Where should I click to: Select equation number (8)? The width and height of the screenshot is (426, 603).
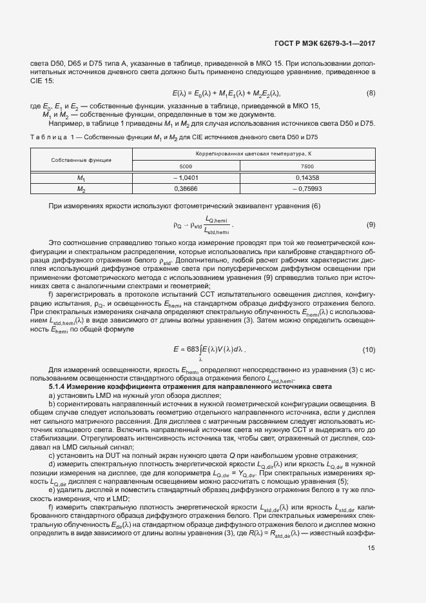pyautogui.click(x=371, y=94)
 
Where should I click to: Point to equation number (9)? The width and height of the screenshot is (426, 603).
pyautogui.click(x=371, y=225)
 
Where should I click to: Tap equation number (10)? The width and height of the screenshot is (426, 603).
pyautogui.click(x=369, y=350)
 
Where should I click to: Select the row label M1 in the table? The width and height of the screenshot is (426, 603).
pyautogui.click(x=81, y=177)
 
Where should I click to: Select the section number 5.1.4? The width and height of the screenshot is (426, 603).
pyautogui.click(x=59, y=386)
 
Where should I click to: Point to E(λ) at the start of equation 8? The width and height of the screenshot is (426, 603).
pyautogui.click(x=180, y=94)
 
